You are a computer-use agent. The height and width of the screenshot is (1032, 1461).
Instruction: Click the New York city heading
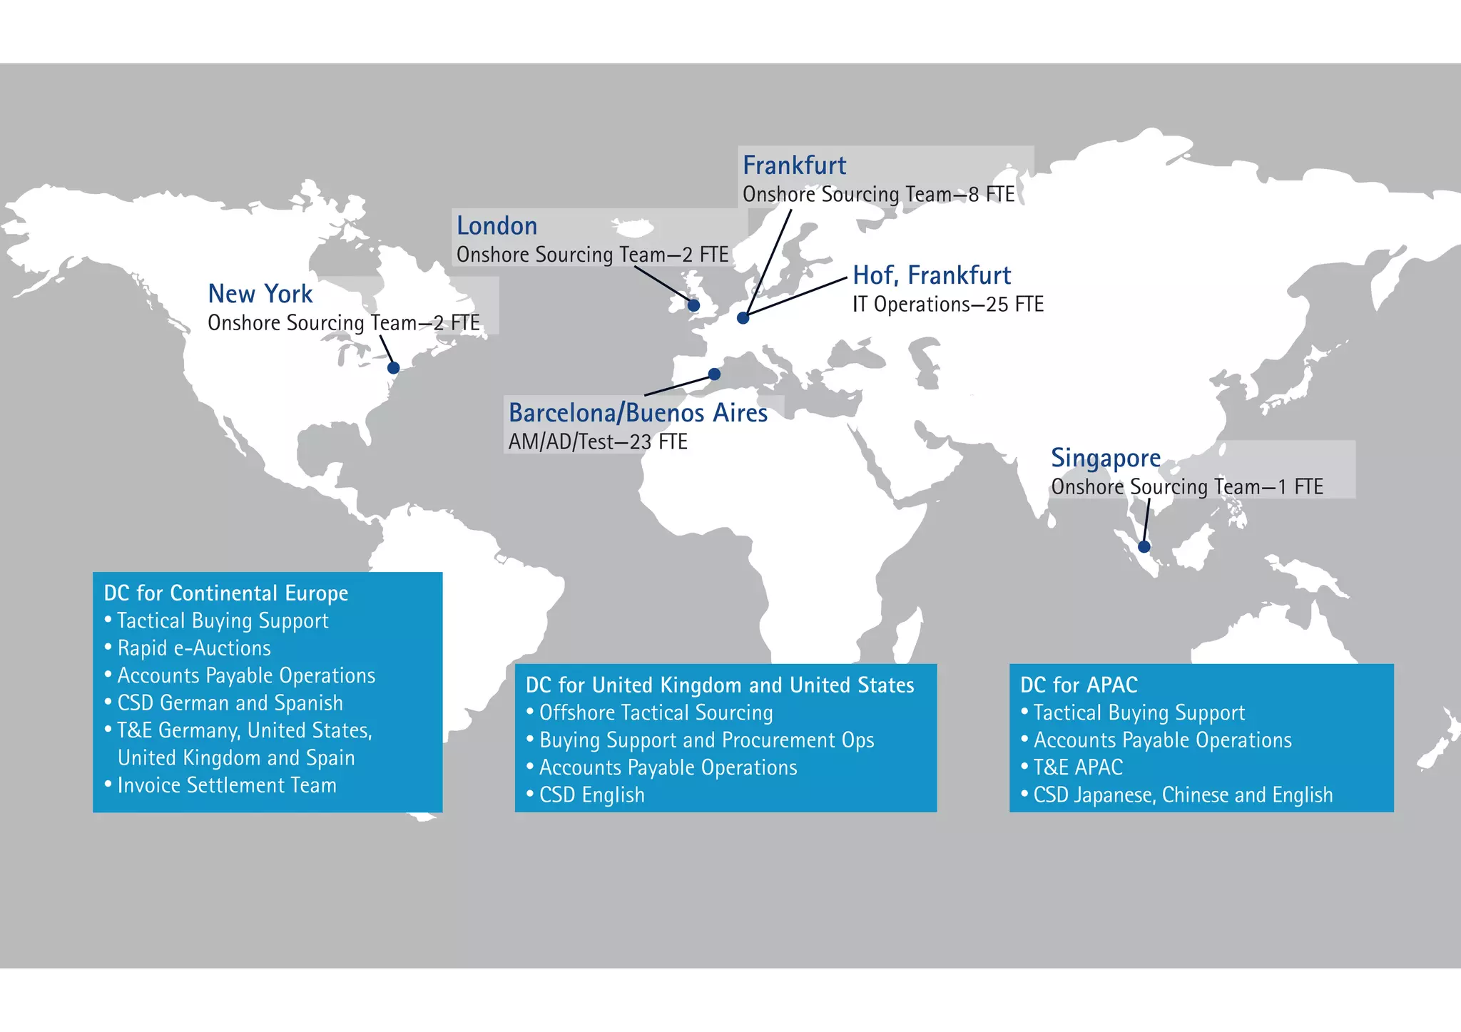click(260, 294)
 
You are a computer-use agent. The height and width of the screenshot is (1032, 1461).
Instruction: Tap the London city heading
click(497, 226)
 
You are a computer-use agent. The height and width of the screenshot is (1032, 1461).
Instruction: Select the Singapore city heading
click(1105, 458)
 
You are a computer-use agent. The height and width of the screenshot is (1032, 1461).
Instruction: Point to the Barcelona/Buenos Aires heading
click(638, 413)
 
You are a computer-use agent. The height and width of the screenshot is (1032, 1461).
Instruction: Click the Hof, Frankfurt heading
click(932, 275)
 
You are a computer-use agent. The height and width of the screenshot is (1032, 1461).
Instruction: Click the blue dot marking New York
click(393, 368)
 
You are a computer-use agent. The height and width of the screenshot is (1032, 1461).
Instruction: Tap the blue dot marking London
click(693, 305)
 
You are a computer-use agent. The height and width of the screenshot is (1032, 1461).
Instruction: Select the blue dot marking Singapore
click(1144, 547)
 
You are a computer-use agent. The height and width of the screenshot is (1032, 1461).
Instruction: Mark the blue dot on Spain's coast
click(714, 374)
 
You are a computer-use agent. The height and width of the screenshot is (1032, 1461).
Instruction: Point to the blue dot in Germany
click(743, 318)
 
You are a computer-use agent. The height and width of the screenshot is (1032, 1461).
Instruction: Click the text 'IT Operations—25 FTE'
click(947, 305)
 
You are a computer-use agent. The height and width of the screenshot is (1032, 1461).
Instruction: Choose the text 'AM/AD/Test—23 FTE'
click(598, 442)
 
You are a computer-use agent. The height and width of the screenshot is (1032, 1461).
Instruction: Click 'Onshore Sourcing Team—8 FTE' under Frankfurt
click(878, 195)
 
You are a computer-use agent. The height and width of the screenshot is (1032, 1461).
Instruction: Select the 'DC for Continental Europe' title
click(226, 593)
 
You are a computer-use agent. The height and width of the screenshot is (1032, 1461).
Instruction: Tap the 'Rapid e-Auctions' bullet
click(194, 648)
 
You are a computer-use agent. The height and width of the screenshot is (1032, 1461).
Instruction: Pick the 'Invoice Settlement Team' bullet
click(227, 785)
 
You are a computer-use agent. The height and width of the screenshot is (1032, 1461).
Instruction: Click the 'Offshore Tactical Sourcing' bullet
click(656, 712)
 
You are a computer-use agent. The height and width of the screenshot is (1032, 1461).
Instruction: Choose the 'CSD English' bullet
click(591, 795)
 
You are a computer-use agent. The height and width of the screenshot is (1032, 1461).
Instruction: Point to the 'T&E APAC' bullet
click(1078, 767)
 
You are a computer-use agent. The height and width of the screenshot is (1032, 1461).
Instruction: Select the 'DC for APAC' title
click(1079, 685)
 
